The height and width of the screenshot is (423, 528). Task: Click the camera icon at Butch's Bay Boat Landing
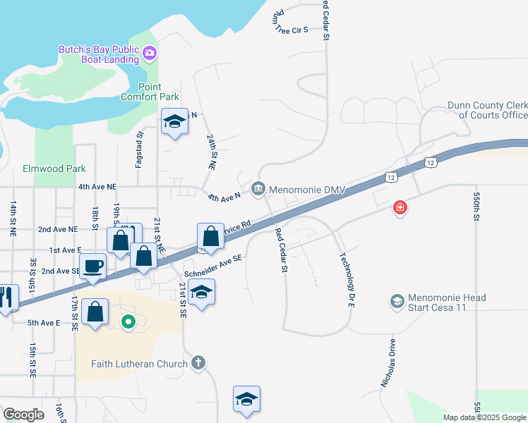coord(149,53)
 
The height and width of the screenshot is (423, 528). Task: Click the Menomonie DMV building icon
coord(258,188)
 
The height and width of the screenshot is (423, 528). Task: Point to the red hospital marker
coord(400,207)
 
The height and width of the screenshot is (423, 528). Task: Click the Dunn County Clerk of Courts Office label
coord(487,110)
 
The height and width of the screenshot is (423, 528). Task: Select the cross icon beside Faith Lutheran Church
coord(198,363)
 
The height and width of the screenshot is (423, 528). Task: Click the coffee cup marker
coord(94,266)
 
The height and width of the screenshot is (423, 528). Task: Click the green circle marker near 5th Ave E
coord(128,323)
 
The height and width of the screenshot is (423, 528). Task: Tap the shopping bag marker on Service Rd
coord(210,235)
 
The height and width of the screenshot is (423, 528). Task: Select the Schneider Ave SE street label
coord(213,266)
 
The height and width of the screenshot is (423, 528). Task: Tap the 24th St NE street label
coord(211,151)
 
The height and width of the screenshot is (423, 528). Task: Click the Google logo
coord(24,415)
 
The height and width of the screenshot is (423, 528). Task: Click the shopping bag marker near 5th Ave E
coord(95,311)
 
